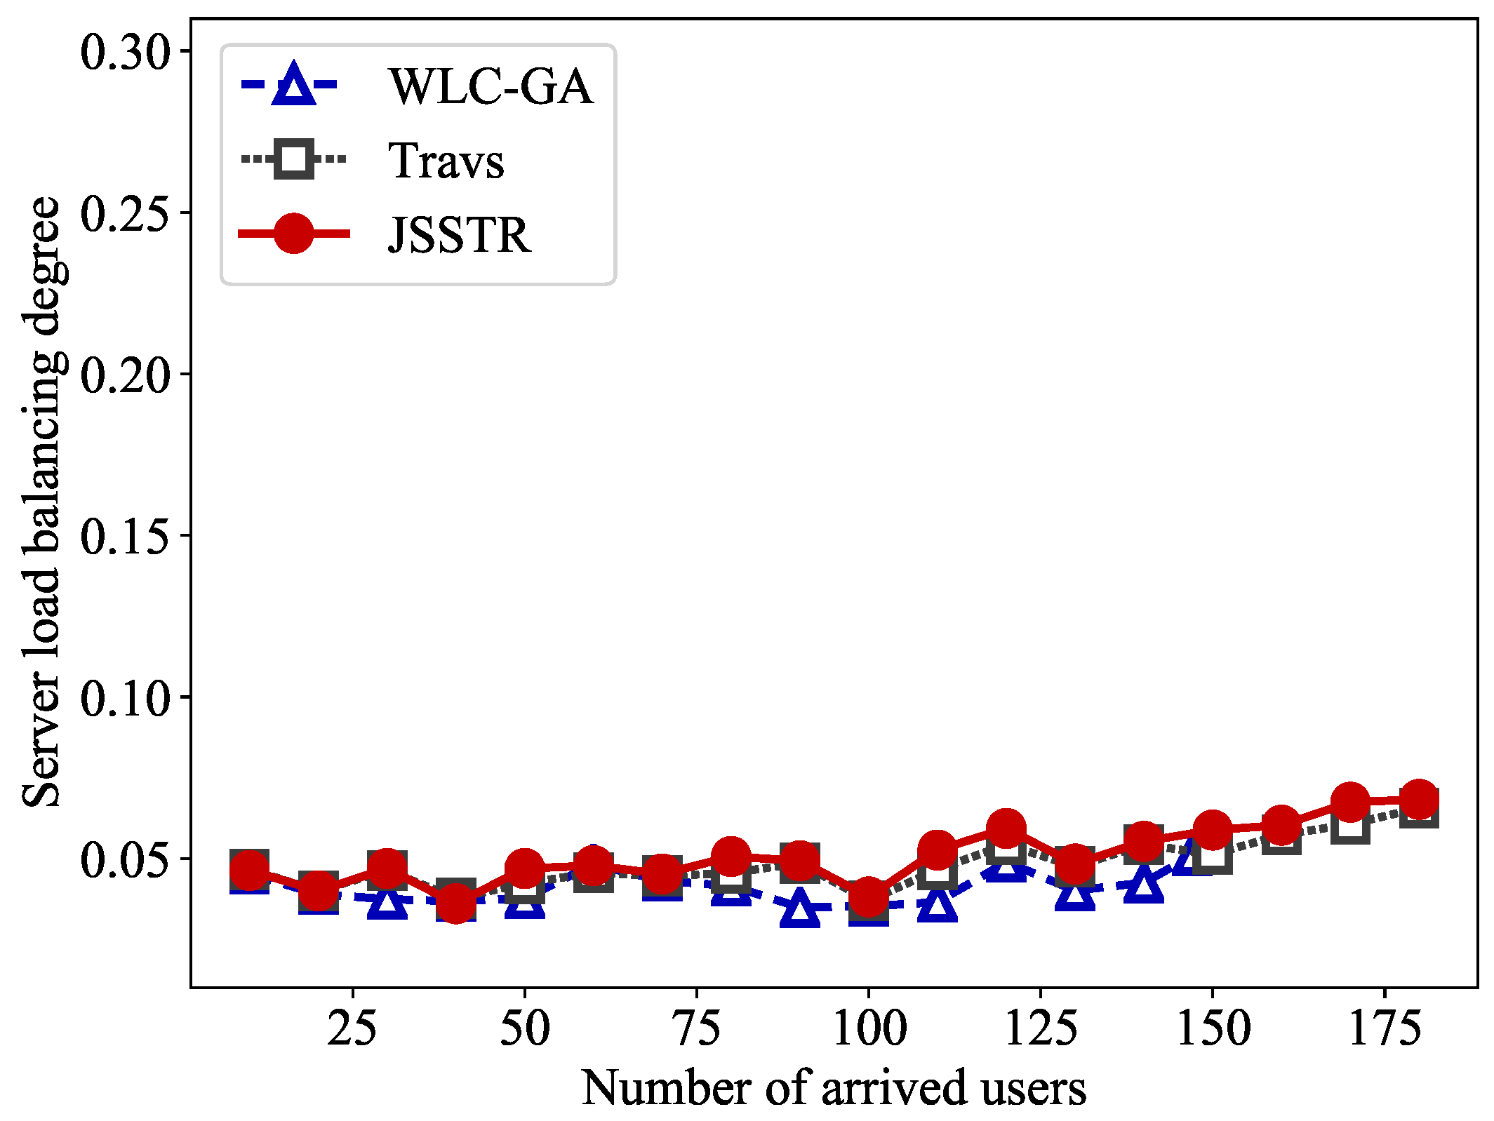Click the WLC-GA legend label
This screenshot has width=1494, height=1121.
tap(491, 86)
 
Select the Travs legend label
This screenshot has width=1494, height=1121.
tap(446, 161)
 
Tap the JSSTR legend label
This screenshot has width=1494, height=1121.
tap(460, 234)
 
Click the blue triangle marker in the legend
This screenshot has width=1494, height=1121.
tap(293, 85)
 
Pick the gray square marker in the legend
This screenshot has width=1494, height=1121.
tap(293, 159)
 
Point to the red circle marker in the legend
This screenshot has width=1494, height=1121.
tap(293, 233)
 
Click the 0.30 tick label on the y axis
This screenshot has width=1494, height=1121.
tap(126, 51)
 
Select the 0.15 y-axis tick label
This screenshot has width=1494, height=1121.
tap(126, 537)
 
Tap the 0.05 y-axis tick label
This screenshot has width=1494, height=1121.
tap(126, 859)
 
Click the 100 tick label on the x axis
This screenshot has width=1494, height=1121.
tap(869, 1028)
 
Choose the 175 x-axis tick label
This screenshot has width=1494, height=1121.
tap(1385, 1028)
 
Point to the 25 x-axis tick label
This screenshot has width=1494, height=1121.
tap(352, 1028)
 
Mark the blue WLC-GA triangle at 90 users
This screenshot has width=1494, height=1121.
tap(800, 908)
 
